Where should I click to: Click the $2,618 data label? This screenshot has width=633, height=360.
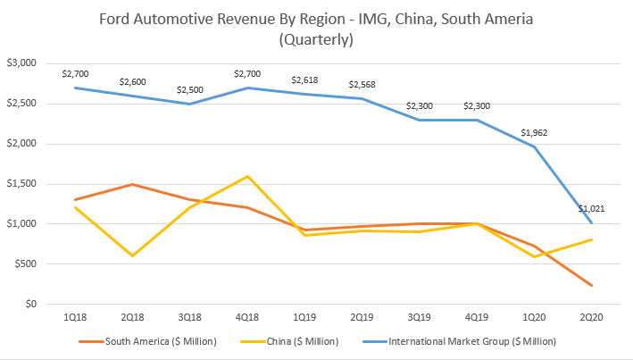[x=305, y=80]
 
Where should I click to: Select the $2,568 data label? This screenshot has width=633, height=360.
[x=362, y=83]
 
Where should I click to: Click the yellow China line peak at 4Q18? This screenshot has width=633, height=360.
[x=248, y=176]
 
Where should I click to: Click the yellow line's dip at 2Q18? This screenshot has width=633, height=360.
[x=133, y=256]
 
